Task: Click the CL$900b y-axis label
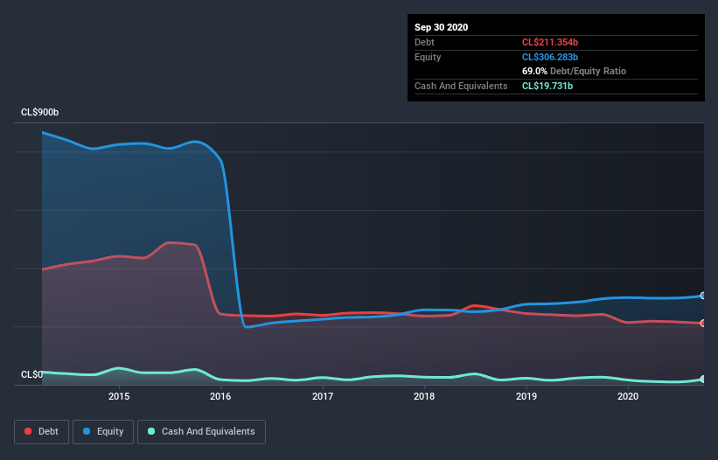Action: pyautogui.click(x=40, y=113)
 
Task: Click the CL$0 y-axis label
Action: pyautogui.click(x=31, y=374)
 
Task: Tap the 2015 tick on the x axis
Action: pyautogui.click(x=119, y=396)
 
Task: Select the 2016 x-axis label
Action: pyautogui.click(x=220, y=396)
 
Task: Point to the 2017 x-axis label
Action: pyautogui.click(x=323, y=396)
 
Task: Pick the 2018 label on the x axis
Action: pyautogui.click(x=424, y=396)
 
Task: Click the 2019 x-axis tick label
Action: pyautogui.click(x=526, y=396)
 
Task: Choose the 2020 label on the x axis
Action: pyautogui.click(x=628, y=396)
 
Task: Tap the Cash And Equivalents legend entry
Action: pyautogui.click(x=201, y=431)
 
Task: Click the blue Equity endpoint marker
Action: pyautogui.click(x=703, y=296)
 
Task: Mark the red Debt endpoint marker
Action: pyautogui.click(x=703, y=323)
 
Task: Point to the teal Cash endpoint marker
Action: pyautogui.click(x=703, y=380)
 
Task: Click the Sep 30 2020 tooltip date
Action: pyautogui.click(x=442, y=27)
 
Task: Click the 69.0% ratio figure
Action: pyautogui.click(x=535, y=71)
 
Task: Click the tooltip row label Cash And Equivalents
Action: pyautogui.click(x=461, y=86)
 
